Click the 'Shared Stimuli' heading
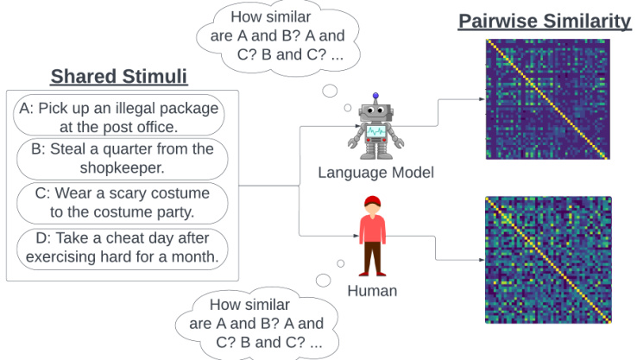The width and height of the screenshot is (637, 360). [118, 77]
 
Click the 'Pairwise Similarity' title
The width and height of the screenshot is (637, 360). [546, 21]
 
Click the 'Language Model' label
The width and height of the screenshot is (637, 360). [375, 173]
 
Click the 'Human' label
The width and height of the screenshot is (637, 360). [372, 291]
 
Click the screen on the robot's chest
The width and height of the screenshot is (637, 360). [376, 132]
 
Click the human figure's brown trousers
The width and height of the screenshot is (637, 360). [372, 257]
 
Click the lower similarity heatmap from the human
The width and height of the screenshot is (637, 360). [547, 260]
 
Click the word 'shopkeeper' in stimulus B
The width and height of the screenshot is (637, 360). [122, 167]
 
